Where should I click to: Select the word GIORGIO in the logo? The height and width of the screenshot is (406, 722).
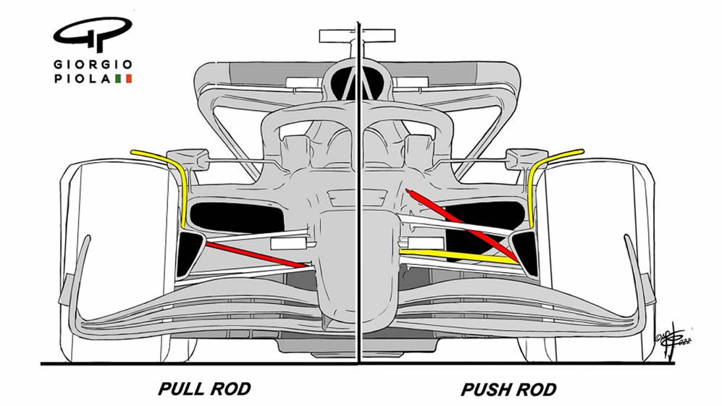(x=93, y=64)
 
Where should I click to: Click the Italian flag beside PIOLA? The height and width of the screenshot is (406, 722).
(x=123, y=79)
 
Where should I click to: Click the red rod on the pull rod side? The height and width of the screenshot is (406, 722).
(x=256, y=255)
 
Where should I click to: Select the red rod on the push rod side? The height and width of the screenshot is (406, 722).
(x=462, y=225)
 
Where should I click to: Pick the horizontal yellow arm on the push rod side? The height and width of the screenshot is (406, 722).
(x=458, y=257)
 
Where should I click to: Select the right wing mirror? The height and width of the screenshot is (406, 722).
(x=526, y=158)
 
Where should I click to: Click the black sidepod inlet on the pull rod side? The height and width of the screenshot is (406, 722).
(x=237, y=217)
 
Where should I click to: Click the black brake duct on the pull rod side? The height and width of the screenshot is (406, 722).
(x=189, y=254)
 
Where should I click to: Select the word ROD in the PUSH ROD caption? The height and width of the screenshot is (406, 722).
(x=535, y=389)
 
